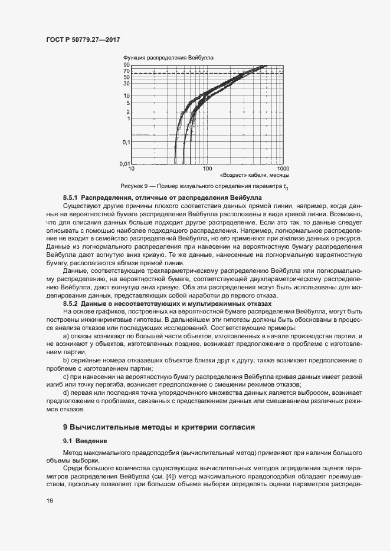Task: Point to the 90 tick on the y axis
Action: [126, 65]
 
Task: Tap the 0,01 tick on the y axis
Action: [124, 163]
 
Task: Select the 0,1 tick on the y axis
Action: [125, 142]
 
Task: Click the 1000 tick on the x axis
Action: [283, 169]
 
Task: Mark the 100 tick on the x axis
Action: [207, 169]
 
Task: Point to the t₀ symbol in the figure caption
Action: [286, 187]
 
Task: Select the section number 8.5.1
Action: [71, 197]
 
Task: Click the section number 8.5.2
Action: [71, 303]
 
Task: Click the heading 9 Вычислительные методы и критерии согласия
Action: [159, 427]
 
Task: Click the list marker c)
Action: [65, 375]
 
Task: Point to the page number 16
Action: [49, 501]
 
